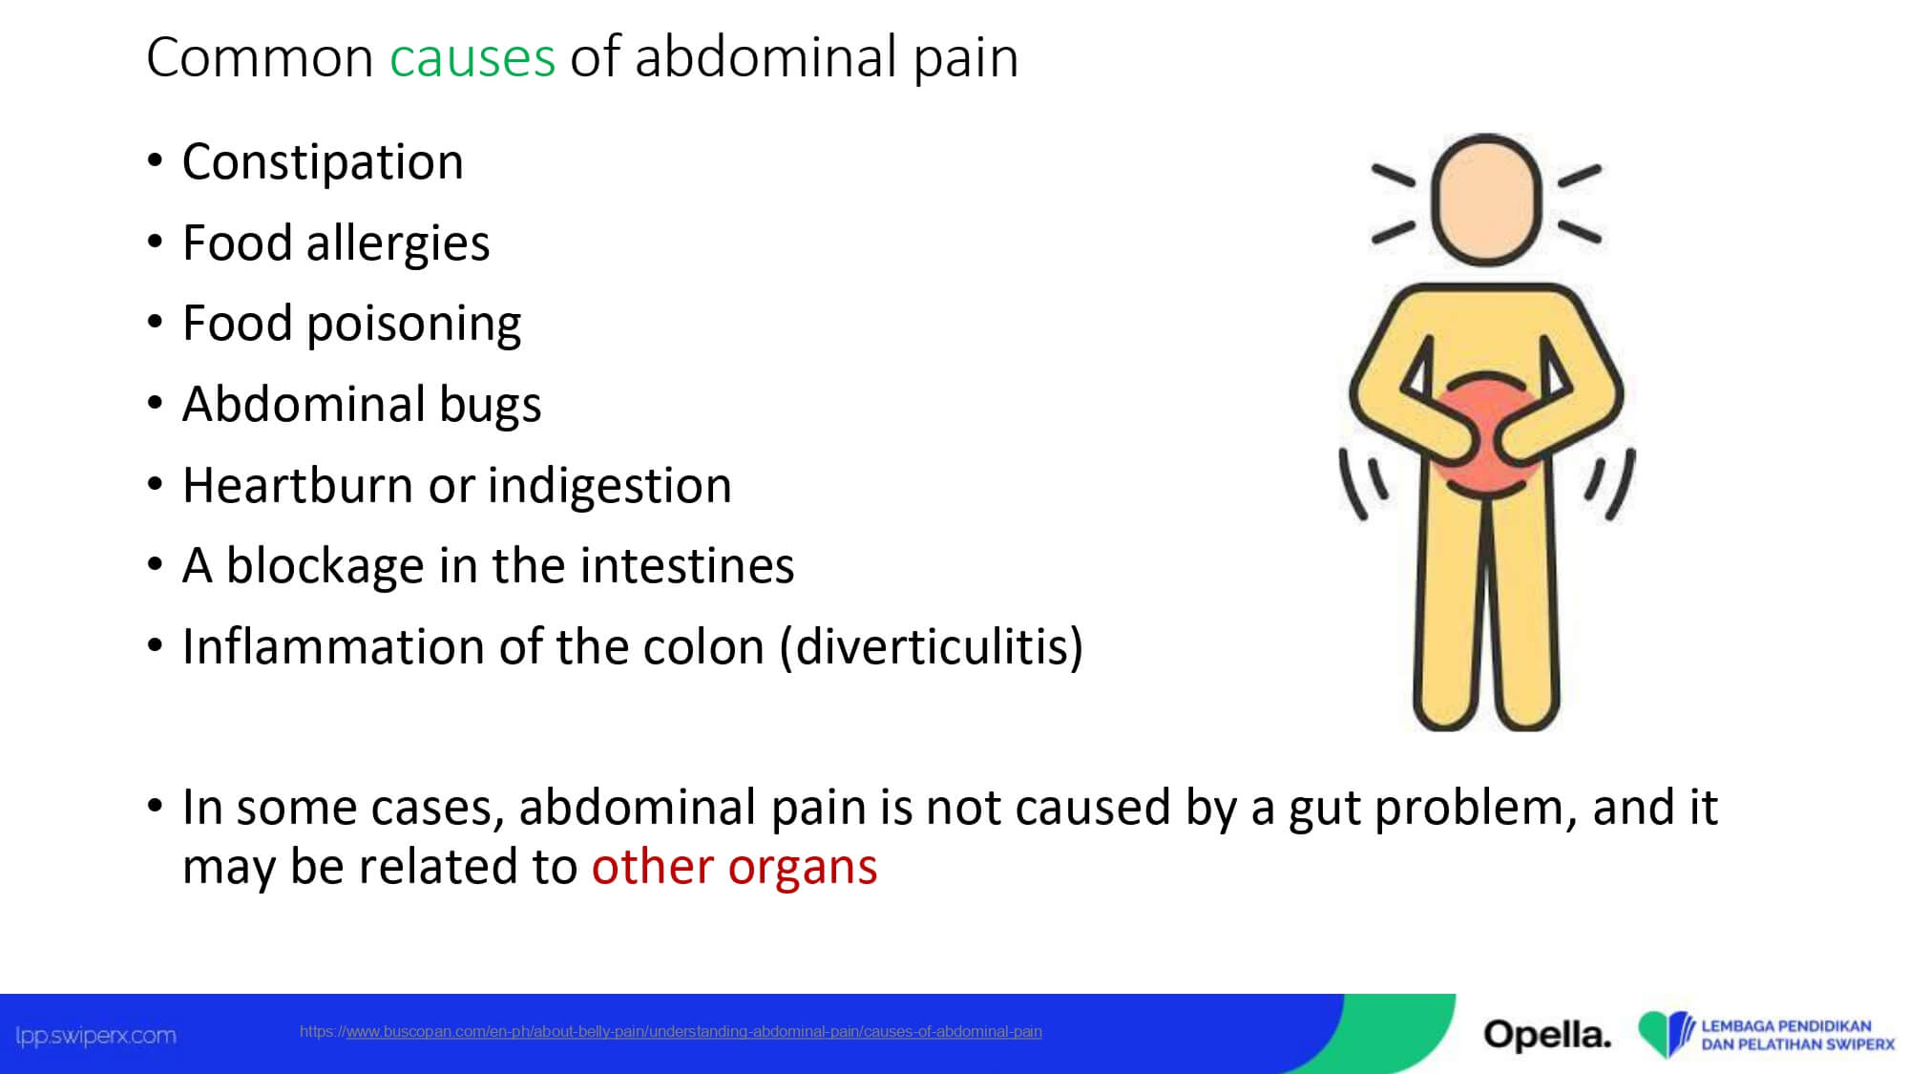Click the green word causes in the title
(472, 57)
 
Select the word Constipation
(323, 162)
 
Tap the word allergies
(398, 243)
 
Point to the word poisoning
(413, 325)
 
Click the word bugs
(491, 405)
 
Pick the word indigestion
(610, 486)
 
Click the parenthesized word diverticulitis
(932, 647)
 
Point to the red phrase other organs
(734, 867)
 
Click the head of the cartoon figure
(1486, 200)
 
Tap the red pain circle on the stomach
(1486, 435)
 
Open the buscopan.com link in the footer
(671, 1032)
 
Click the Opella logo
(1546, 1034)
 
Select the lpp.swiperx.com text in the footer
(95, 1036)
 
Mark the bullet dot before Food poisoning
(156, 322)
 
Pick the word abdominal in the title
(766, 57)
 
